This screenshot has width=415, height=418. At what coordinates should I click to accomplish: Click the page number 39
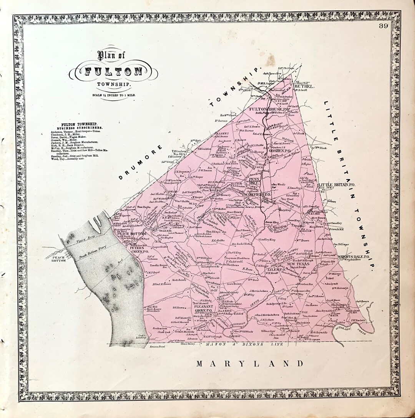[x=383, y=26]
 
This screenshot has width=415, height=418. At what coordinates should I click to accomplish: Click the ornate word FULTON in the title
[x=114, y=71]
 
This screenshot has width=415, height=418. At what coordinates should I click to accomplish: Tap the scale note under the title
[x=113, y=94]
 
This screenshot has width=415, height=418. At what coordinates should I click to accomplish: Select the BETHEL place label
[x=304, y=87]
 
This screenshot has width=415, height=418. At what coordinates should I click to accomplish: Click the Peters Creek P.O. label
[x=140, y=249]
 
